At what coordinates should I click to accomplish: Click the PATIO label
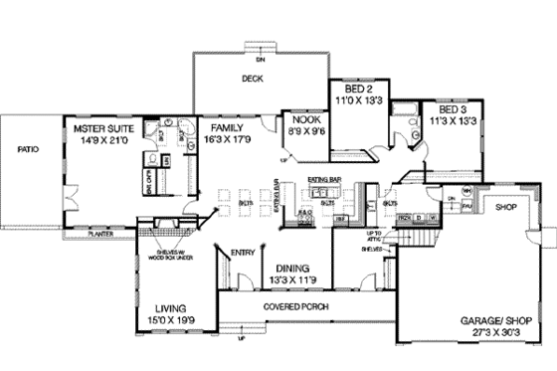pos(27,151)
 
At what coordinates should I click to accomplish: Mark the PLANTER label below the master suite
pos(100,236)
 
